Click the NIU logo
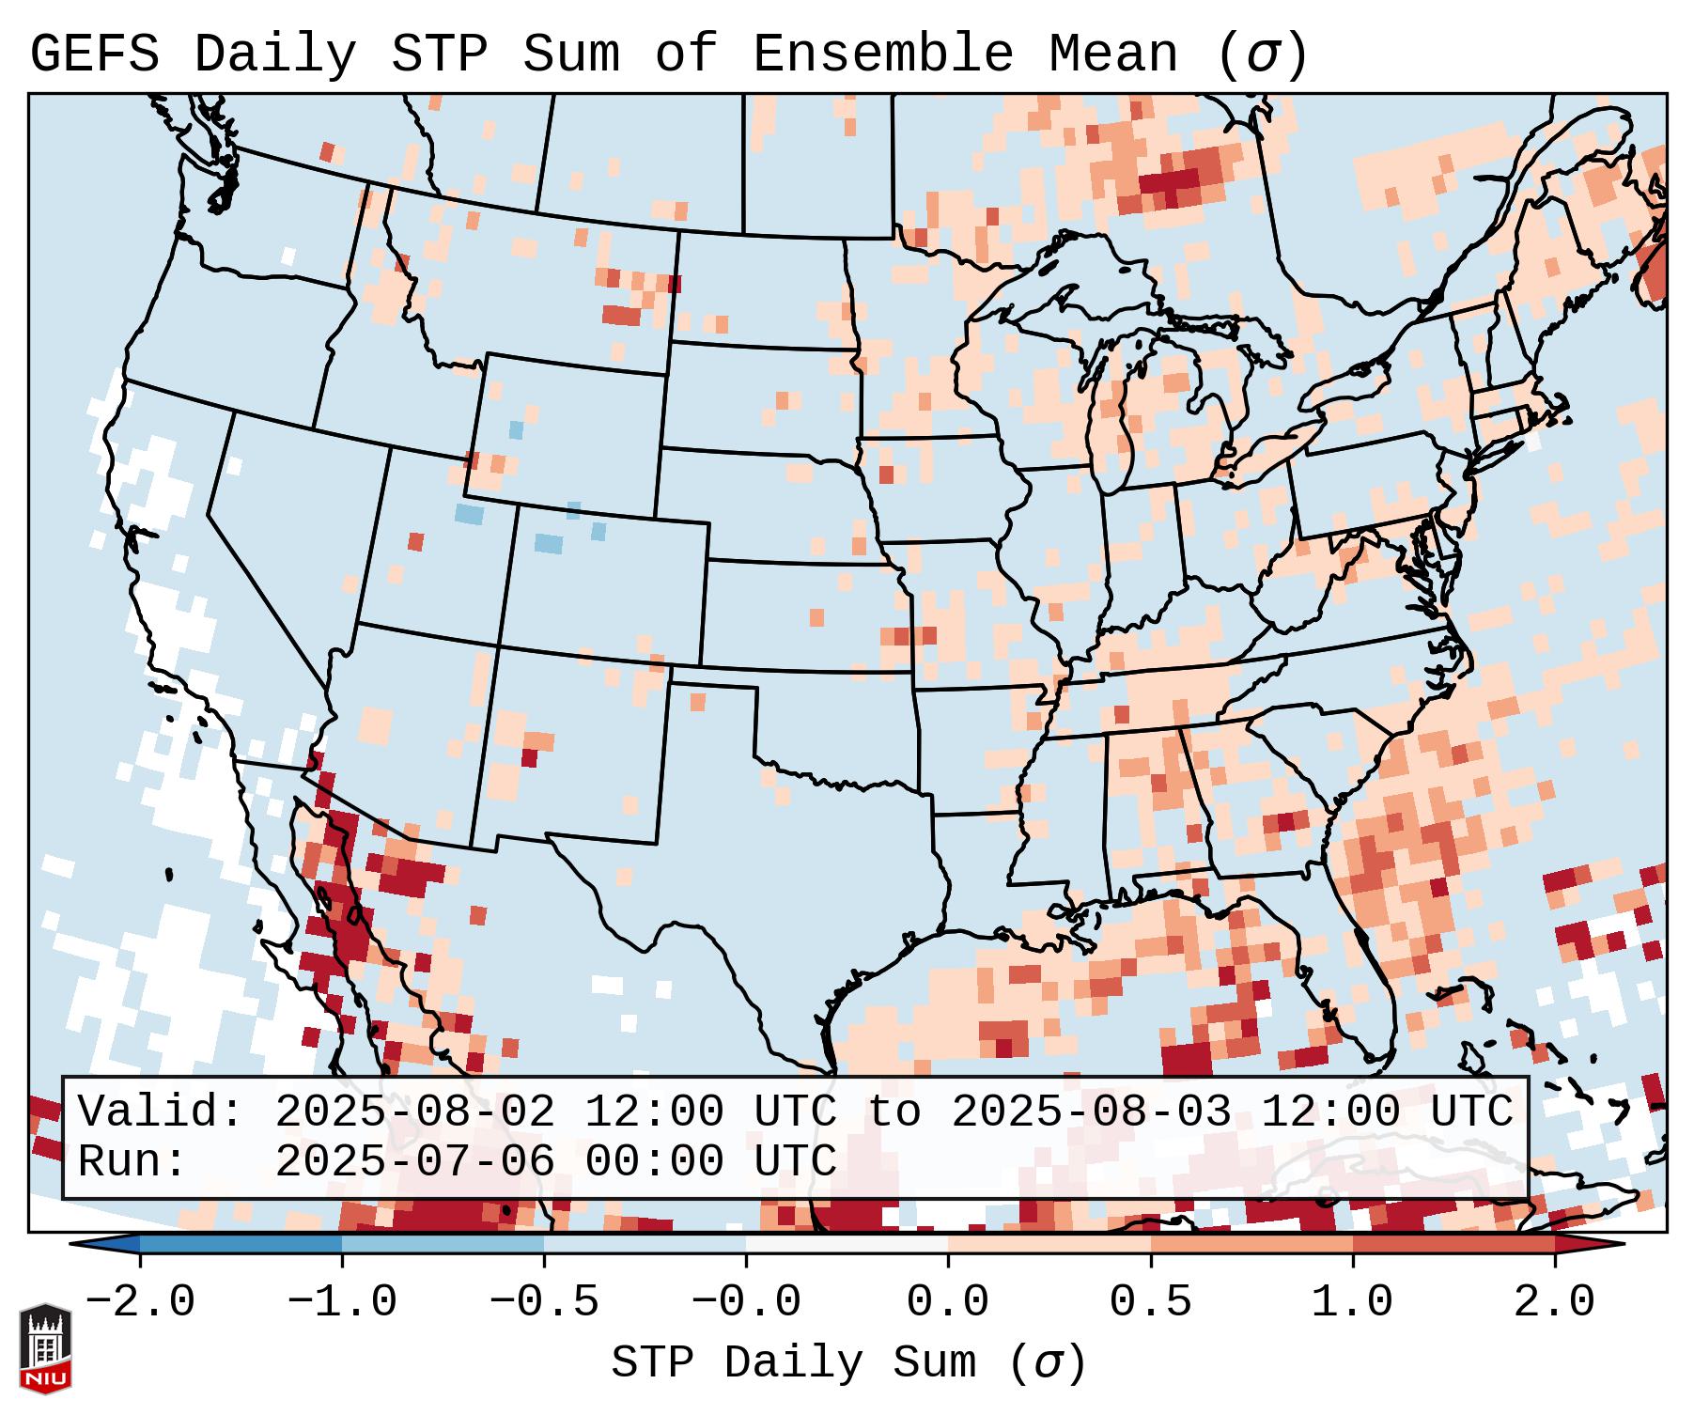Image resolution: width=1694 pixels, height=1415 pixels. pyautogui.click(x=45, y=1349)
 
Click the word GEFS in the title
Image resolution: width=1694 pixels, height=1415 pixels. pyautogui.click(x=94, y=54)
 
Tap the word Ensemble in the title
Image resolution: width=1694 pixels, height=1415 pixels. pyautogui.click(x=882, y=54)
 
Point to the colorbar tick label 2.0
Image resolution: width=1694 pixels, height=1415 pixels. pyautogui.click(x=1554, y=1302)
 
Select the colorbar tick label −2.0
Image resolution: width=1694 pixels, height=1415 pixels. pyautogui.click(x=140, y=1302)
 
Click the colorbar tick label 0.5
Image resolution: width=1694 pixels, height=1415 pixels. pyautogui.click(x=1150, y=1302)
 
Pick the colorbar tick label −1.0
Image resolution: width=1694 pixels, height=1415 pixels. pyautogui.click(x=342, y=1302)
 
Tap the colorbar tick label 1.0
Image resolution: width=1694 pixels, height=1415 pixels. pyautogui.click(x=1352, y=1302)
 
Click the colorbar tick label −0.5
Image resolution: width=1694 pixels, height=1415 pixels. pyautogui.click(x=544, y=1302)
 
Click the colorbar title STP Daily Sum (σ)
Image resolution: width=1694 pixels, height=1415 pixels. pyautogui.click(x=848, y=1363)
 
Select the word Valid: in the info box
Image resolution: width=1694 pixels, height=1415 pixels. pyautogui.click(x=161, y=1112)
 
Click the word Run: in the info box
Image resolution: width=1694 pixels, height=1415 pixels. pyautogui.click(x=132, y=1162)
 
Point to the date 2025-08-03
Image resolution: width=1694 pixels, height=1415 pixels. pyautogui.click(x=1091, y=1112)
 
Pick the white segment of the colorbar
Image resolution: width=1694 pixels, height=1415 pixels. pyautogui.click(x=847, y=1244)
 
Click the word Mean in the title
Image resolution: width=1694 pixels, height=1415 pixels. pyautogui.click(x=1113, y=54)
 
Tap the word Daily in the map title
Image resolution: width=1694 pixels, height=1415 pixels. pyautogui.click(x=275, y=54)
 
